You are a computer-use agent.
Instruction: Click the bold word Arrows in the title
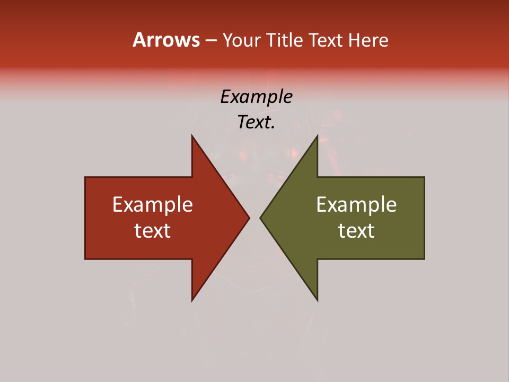(166, 40)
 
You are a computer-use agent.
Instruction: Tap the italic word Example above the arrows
(256, 97)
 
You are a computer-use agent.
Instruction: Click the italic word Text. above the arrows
(256, 123)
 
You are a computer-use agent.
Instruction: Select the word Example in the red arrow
(153, 205)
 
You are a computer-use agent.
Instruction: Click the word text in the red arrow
(153, 231)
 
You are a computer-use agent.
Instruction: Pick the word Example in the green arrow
(356, 205)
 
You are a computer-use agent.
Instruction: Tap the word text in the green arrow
(356, 231)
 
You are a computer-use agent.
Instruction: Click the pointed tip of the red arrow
(249, 218)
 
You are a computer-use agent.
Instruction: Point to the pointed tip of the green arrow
(260, 218)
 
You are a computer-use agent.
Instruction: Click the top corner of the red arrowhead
(192, 135)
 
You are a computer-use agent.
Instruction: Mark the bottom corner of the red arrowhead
(192, 301)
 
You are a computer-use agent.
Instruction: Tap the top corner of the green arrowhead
(317, 135)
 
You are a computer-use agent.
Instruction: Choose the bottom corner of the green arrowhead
(317, 301)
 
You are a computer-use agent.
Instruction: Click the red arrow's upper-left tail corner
(85, 177)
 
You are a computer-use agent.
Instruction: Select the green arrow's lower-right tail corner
(424, 259)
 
